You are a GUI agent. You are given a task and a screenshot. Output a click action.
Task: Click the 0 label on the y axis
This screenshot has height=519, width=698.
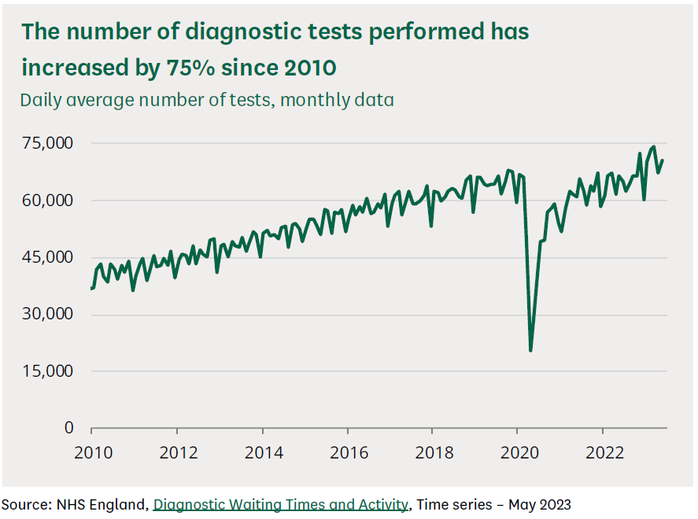[x=68, y=428]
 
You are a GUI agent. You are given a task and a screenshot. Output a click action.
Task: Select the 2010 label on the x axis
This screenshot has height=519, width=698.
[x=92, y=453]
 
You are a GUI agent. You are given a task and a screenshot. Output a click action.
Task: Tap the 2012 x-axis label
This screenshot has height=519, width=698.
[x=177, y=453]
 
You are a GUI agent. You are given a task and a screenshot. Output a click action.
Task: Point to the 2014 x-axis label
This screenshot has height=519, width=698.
[x=262, y=453]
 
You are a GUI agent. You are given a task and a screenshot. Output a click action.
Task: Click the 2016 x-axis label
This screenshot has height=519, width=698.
[x=347, y=453]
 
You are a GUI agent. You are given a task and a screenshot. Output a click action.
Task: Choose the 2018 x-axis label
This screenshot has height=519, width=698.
[x=432, y=453]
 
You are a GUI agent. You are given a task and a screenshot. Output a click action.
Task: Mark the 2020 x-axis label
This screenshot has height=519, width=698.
[x=517, y=453]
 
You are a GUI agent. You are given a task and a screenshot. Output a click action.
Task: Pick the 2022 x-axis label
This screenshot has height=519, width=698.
[x=602, y=453]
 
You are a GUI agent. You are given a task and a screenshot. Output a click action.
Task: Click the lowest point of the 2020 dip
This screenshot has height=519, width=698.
[x=531, y=350]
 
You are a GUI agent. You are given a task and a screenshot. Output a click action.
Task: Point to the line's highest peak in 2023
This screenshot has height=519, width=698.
[x=654, y=146]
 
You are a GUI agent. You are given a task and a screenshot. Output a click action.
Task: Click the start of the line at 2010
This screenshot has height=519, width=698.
[x=92, y=289]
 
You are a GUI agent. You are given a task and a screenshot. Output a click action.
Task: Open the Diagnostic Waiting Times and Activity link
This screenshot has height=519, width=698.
[x=281, y=504]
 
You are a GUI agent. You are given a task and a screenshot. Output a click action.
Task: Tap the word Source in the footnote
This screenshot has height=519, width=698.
[x=23, y=504]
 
